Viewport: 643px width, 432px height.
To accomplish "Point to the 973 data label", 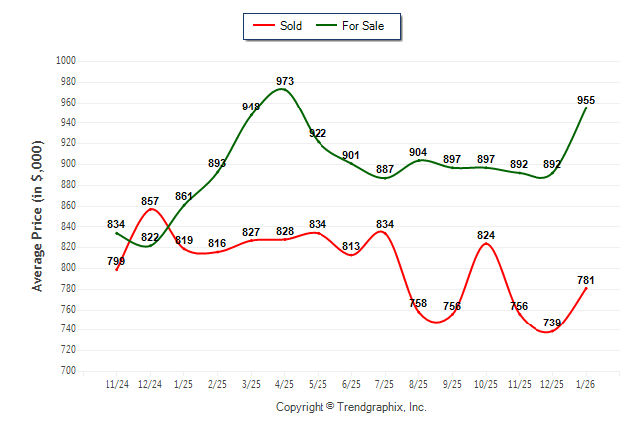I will click(x=285, y=81).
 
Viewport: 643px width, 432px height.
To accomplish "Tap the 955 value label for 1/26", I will click(x=586, y=100).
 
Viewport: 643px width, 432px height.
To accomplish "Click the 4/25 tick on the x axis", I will click(x=285, y=383).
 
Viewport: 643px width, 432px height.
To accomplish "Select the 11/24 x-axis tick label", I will click(x=117, y=383).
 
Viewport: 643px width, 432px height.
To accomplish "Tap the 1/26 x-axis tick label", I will click(x=586, y=383).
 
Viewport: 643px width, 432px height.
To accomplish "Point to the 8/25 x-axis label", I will click(x=419, y=383).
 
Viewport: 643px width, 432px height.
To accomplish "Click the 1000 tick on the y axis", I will click(x=67, y=61).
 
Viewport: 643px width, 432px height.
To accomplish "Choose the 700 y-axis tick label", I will click(x=69, y=371).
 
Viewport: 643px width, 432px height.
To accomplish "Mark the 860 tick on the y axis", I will click(x=69, y=205).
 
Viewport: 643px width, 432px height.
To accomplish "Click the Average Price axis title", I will click(x=38, y=216).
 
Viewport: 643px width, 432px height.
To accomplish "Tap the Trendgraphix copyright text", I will click(x=350, y=407).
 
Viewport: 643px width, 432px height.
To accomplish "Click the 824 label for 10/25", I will click(x=486, y=235).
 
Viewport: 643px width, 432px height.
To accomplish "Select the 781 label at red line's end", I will click(x=586, y=280).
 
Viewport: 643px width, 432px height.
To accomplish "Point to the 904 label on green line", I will click(x=419, y=153).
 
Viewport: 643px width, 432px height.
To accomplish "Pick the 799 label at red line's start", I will click(x=117, y=261).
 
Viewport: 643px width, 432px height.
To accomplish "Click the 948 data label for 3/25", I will click(x=251, y=107).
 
